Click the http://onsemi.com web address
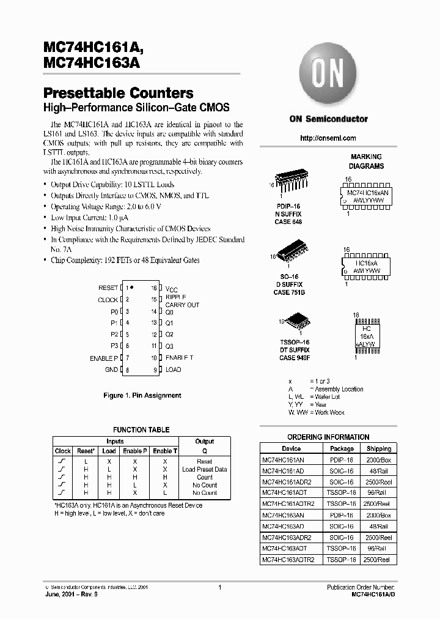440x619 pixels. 328,138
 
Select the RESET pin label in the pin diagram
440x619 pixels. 108,287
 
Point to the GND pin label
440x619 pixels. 111,370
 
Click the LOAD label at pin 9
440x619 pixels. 174,370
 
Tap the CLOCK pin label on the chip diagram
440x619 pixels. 108,300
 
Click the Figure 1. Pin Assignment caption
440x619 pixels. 142,396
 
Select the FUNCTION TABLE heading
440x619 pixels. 141,430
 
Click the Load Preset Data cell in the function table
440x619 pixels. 204,470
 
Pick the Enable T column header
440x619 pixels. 165,451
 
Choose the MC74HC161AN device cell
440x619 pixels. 283,459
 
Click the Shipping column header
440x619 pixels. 379,448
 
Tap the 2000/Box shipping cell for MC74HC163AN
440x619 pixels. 379,516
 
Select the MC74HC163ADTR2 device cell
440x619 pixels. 287,560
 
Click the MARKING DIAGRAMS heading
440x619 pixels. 366,161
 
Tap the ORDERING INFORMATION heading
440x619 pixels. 328,437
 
